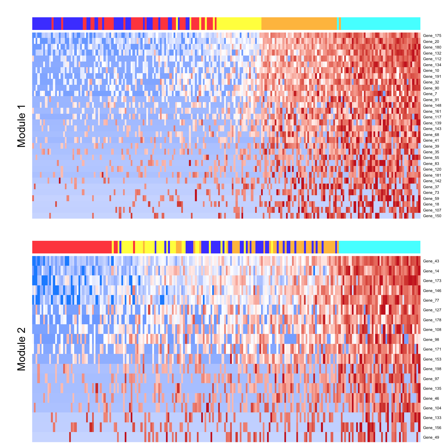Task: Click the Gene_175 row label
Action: click(432, 36)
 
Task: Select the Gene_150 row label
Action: click(432, 216)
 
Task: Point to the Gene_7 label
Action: click(430, 94)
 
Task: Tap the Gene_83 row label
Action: click(431, 164)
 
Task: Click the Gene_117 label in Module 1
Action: click(432, 117)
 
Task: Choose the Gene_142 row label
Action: click(432, 181)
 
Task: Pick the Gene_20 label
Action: click(431, 42)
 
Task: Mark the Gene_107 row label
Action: click(432, 210)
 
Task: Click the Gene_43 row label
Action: click(431, 261)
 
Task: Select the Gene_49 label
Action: click(431, 437)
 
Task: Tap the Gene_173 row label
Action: click(432, 281)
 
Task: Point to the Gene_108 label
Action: click(432, 330)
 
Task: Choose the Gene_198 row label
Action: click(432, 369)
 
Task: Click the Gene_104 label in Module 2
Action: click(432, 408)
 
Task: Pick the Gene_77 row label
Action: click(431, 300)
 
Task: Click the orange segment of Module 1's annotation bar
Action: click(299, 24)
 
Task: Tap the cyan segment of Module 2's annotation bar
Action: click(379, 247)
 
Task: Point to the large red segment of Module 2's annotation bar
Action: click(72, 247)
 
